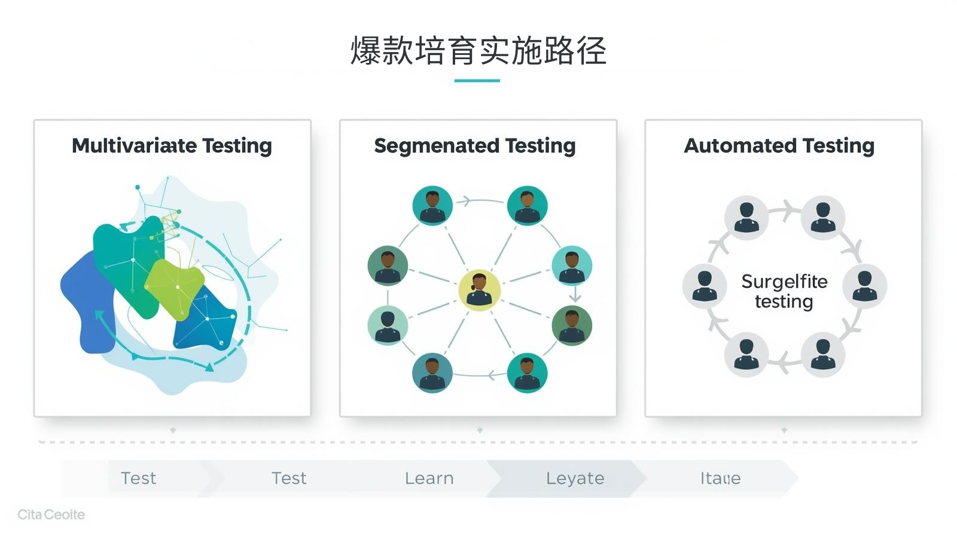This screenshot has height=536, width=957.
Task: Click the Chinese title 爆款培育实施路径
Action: [x=478, y=51]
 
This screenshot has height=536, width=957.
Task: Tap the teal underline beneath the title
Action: [x=477, y=81]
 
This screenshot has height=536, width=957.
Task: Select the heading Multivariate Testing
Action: [x=172, y=146]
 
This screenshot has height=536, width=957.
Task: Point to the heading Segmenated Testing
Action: [x=475, y=146]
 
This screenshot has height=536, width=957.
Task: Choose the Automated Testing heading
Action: [x=779, y=146]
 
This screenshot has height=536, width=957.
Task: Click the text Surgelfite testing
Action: [x=784, y=291]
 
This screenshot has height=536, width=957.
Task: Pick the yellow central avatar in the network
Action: [x=479, y=290]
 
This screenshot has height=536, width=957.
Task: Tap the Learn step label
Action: [x=429, y=479]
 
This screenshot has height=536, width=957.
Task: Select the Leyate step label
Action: [x=575, y=479]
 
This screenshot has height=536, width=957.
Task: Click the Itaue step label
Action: [x=720, y=479]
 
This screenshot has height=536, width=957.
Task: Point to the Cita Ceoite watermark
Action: [x=51, y=514]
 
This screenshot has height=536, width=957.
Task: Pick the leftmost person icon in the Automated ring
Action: [x=705, y=286]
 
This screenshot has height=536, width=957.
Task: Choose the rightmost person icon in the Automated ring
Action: [x=864, y=286]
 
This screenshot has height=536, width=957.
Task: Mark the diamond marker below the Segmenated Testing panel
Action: [x=480, y=430]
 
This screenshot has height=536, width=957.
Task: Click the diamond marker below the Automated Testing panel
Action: [x=784, y=430]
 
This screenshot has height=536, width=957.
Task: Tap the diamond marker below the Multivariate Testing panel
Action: [x=173, y=430]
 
